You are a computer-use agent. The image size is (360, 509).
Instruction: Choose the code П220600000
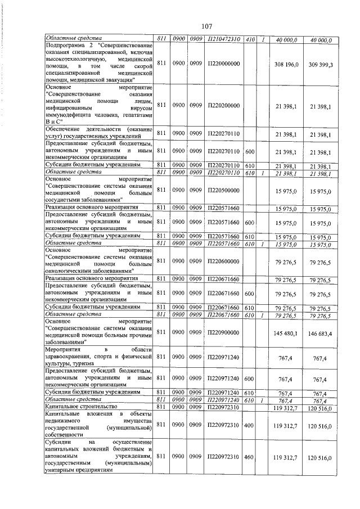tap(223, 261)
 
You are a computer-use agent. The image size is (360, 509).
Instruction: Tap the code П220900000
tap(223, 333)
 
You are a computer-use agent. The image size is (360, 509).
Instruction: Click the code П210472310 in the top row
tap(223, 40)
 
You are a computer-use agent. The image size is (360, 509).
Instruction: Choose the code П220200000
tap(223, 105)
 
